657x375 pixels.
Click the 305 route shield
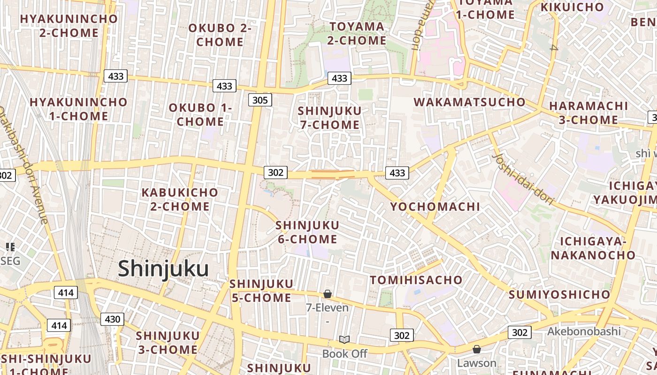point(260,100)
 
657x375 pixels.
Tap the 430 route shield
point(112,320)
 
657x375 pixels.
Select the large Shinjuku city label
point(163,269)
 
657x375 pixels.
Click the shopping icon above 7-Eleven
point(328,294)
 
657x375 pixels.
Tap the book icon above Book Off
point(344,339)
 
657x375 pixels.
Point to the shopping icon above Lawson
point(477,349)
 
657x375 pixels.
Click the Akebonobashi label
point(584,332)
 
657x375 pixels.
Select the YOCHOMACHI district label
point(435,207)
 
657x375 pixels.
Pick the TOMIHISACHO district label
point(416,280)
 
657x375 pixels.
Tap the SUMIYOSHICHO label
point(559,295)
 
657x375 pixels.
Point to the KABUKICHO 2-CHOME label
point(180,199)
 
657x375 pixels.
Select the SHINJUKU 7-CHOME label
point(329,118)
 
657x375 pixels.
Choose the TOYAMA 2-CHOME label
point(357,33)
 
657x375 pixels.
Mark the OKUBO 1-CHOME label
point(200,114)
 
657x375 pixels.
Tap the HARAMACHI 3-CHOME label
point(588,112)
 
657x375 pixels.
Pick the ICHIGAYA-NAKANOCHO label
point(593,248)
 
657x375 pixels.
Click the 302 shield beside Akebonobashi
point(519,332)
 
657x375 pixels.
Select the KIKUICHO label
point(572,7)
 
